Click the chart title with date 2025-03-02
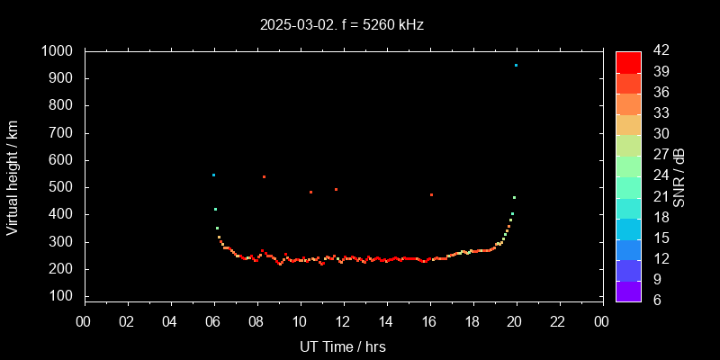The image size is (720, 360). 341,24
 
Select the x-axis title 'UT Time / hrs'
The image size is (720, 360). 343,346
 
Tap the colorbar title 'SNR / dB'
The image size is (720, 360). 679,175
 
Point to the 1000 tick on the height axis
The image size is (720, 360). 60,51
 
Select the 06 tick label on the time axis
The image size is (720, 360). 213,322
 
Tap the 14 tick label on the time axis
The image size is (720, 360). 386,322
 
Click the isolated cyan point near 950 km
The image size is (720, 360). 516,65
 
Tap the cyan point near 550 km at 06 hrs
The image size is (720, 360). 213,175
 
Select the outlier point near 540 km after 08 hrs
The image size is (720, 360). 264,176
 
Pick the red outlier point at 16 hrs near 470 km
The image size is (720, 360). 432,194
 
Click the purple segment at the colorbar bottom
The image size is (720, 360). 628,290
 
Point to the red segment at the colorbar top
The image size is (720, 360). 628,61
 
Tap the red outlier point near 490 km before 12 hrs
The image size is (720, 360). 337,189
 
